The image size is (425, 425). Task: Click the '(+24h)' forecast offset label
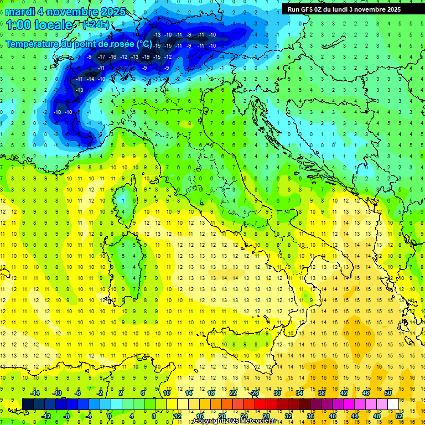coord(96,25)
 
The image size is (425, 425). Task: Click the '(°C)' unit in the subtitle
coord(143,44)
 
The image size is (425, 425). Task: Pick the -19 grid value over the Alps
coord(146,57)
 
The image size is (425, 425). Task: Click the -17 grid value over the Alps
coord(101,57)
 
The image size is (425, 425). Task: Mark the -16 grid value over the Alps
coord(112,57)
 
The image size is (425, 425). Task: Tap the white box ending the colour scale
coord(393,404)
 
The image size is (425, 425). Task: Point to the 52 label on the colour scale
coord(398,416)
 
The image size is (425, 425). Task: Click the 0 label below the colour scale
coord(109,416)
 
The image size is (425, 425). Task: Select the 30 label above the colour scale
coord(277,393)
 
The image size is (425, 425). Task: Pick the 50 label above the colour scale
coord(387,393)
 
